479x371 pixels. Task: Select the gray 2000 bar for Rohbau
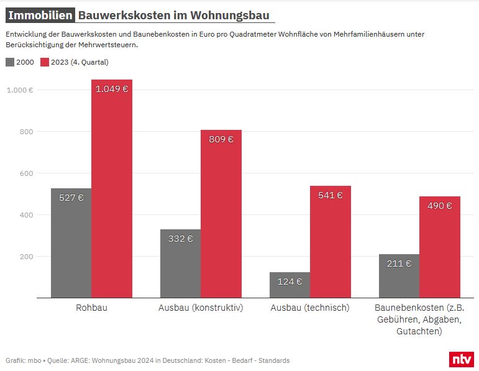[71, 242]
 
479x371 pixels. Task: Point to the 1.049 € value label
[112, 89]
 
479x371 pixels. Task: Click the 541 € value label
[330, 195]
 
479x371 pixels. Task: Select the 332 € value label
[180, 238]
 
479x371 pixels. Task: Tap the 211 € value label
[399, 263]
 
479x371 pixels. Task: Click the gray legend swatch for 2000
[10, 62]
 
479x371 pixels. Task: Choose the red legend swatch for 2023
[44, 62]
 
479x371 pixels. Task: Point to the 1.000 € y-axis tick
[20, 90]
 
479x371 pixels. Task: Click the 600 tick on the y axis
[26, 173]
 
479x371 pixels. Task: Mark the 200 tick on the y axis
[26, 257]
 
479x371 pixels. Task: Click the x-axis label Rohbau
[91, 308]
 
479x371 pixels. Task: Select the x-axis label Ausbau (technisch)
[310, 308]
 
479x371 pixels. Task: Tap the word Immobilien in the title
[40, 16]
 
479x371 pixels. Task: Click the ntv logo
[460, 359]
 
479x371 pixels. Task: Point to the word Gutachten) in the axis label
[419, 332]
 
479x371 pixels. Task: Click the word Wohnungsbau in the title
[233, 16]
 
